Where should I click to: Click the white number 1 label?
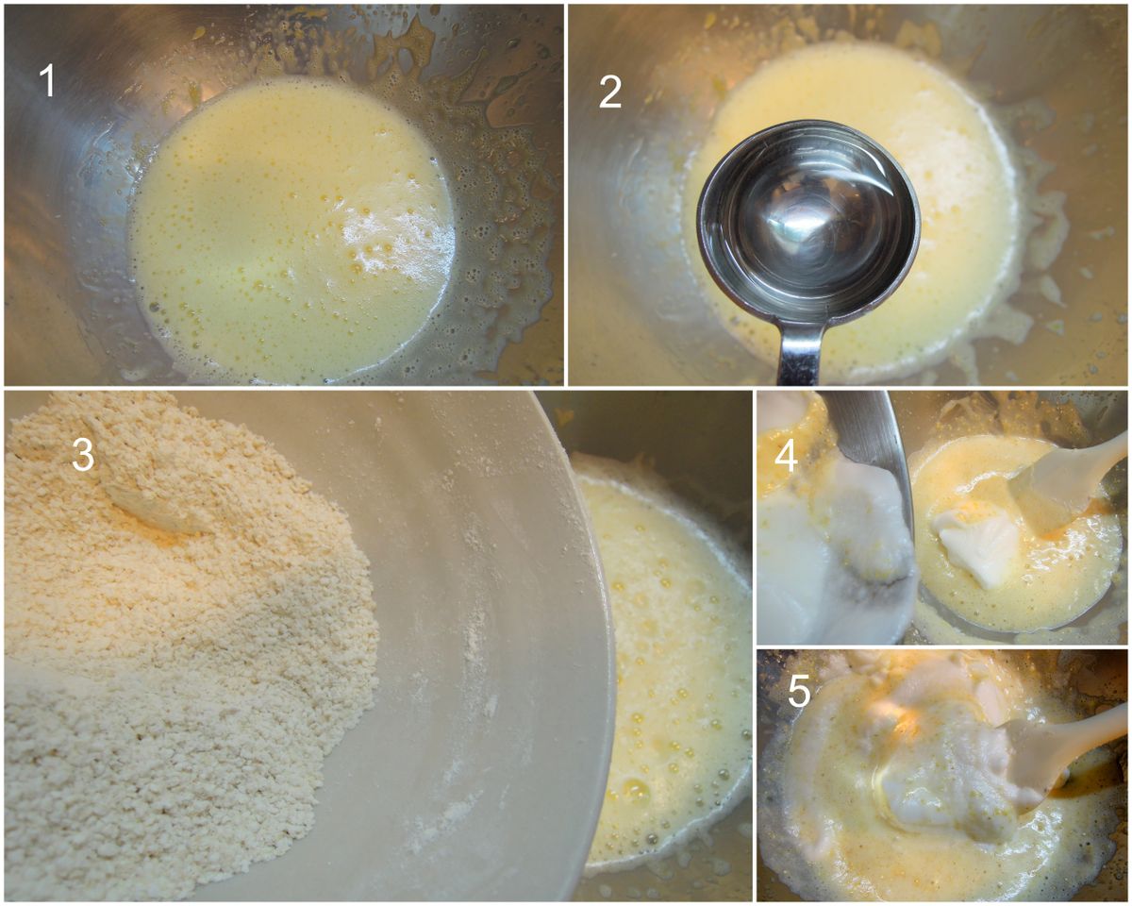click(48, 80)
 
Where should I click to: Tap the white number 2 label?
click(610, 92)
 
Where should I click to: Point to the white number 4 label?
click(786, 456)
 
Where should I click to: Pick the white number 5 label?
click(799, 691)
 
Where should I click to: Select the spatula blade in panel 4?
click(1044, 495)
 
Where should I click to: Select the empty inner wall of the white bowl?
click(474, 631)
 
